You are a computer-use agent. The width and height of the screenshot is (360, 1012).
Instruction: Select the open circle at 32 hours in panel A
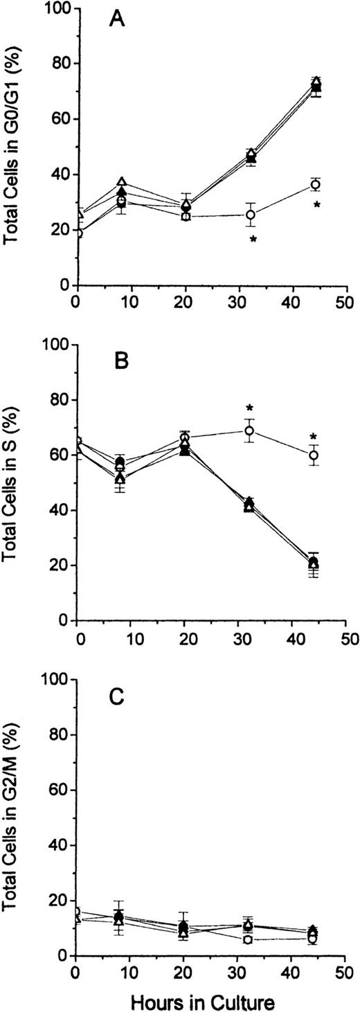point(251,215)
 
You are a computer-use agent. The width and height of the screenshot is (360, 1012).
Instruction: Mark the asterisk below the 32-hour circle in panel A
point(253,240)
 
